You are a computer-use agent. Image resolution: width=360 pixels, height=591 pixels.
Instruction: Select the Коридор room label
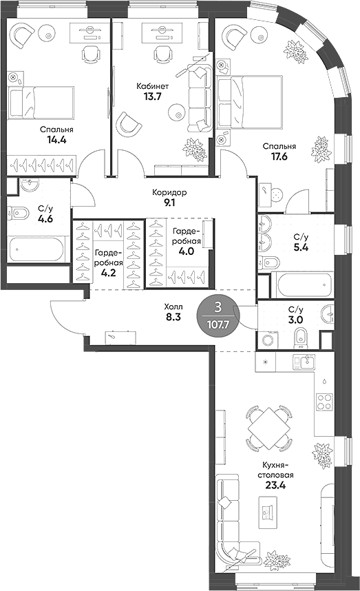(169, 192)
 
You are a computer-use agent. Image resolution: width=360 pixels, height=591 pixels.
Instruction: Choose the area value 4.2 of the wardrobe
(108, 272)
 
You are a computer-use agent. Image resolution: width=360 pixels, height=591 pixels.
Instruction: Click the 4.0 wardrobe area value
(186, 251)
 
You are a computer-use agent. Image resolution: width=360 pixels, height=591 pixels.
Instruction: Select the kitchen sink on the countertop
(303, 362)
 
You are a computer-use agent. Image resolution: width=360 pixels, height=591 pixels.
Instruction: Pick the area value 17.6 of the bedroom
(278, 156)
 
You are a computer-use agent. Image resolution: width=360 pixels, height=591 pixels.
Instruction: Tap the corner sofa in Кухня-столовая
(231, 523)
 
